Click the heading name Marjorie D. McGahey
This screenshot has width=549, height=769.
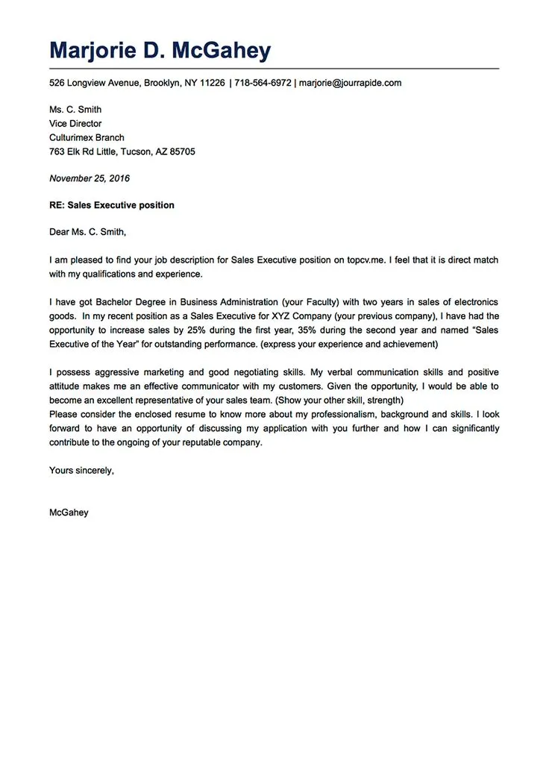[160, 51]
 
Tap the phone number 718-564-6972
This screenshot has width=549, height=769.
[263, 83]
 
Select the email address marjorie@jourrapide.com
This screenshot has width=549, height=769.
[350, 83]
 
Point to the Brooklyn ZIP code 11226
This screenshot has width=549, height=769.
[213, 83]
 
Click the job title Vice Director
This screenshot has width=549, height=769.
[75, 124]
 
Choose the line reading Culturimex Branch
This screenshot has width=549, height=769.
[87, 138]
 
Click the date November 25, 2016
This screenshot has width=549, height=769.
[90, 178]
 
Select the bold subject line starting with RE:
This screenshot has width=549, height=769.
[112, 205]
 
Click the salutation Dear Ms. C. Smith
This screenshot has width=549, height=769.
[87, 232]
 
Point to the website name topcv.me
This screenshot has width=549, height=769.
[365, 260]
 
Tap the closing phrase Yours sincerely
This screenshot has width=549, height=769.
[81, 470]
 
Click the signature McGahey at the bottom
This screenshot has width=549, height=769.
[69, 512]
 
